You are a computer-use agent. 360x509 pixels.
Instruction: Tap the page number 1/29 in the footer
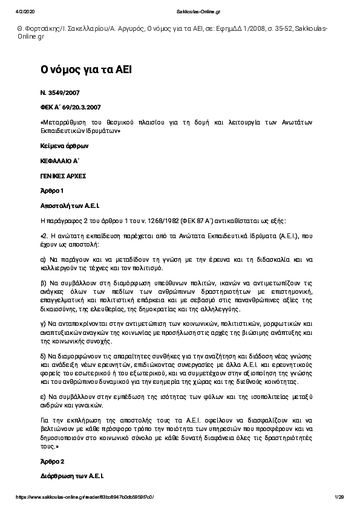pyautogui.click(x=339, y=497)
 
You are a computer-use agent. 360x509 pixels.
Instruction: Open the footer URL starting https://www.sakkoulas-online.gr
pyautogui.click(x=85, y=497)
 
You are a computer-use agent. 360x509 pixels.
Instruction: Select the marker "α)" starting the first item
pyautogui.click(x=44, y=260)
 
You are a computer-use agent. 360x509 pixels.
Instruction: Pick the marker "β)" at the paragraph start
pyautogui.click(x=44, y=282)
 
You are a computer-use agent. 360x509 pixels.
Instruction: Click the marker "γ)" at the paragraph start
pyautogui.click(x=44, y=323)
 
